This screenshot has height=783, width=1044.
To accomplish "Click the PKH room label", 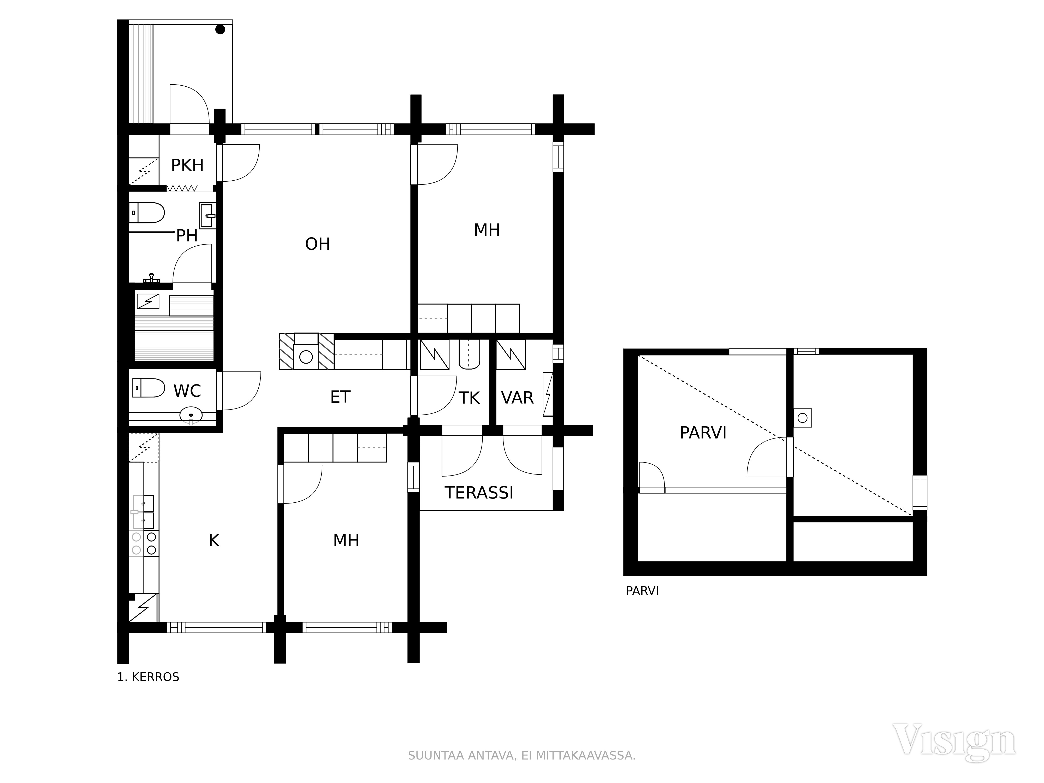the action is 187,165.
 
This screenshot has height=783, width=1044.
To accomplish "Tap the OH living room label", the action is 318,244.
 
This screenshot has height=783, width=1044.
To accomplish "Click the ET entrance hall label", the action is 340,397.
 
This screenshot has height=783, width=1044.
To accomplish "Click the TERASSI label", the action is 479,493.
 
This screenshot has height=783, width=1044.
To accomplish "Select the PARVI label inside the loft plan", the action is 703,433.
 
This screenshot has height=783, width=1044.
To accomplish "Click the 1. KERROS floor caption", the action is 148,677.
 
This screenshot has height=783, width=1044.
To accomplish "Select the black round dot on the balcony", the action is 220,29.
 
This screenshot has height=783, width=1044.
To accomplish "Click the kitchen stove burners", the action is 144,543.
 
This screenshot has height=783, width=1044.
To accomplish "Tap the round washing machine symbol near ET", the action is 306,357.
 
